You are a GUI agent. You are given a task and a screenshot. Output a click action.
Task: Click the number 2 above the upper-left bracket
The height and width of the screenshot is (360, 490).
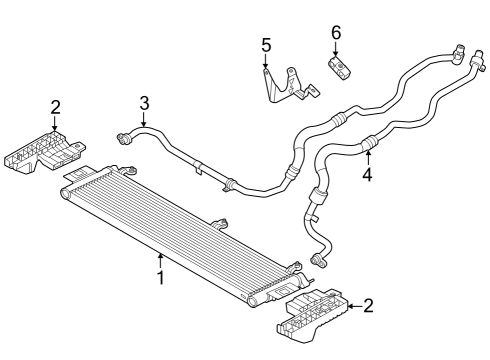coord(56,107)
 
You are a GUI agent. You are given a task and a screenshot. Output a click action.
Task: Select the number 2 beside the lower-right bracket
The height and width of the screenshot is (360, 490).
coord(368,304)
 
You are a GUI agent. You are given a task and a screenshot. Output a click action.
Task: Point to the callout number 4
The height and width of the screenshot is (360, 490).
coord(367,174)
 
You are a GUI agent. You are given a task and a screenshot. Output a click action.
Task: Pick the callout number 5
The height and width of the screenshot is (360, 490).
coord(266,45)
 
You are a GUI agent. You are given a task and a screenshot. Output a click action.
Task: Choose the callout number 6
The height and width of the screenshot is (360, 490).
coord(336,33)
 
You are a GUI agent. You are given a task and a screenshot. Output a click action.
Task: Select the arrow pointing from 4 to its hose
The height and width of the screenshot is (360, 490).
coord(367,154)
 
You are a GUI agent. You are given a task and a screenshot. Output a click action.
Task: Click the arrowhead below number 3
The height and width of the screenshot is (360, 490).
coord(144,121)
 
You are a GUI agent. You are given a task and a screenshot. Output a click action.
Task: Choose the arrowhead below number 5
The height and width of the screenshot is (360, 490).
coord(266,65)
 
